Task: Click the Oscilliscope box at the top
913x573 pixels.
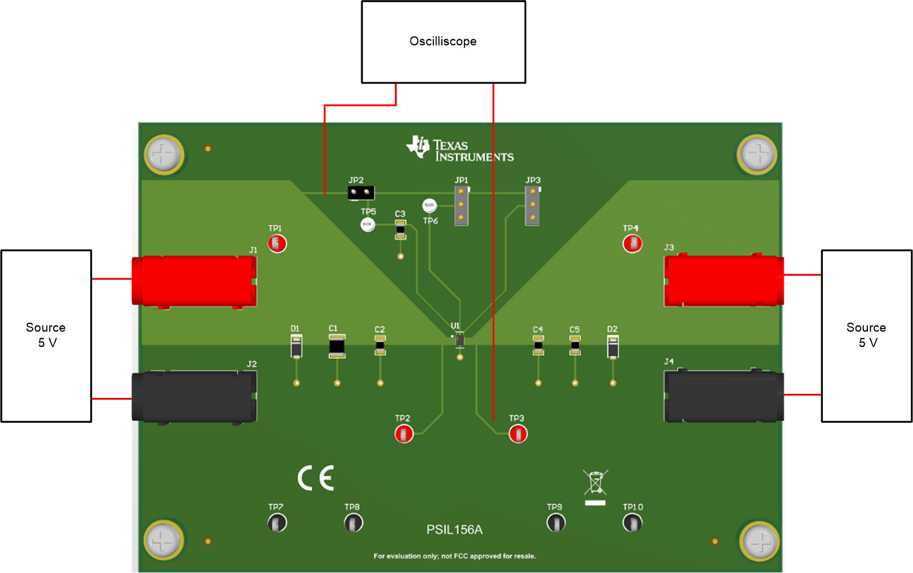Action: (443, 42)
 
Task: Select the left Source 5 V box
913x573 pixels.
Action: (46, 335)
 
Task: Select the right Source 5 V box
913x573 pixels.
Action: (866, 335)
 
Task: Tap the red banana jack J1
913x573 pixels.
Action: (194, 282)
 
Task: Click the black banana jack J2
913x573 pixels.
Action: (194, 397)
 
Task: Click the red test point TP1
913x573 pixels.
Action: (277, 244)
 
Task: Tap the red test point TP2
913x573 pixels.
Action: (404, 433)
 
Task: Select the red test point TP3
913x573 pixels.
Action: (518, 433)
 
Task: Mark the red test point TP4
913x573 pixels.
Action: (632, 244)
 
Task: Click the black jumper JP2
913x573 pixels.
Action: (361, 193)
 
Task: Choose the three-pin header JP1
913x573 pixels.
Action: (461, 205)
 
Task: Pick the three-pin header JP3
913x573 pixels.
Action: (533, 205)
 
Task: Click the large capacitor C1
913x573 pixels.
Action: (337, 346)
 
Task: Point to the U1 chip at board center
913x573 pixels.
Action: (459, 340)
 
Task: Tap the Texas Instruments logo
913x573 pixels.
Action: (459, 149)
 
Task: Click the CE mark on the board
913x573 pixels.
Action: (316, 478)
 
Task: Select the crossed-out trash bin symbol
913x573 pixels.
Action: (595, 484)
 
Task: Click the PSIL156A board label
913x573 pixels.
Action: (454, 530)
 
